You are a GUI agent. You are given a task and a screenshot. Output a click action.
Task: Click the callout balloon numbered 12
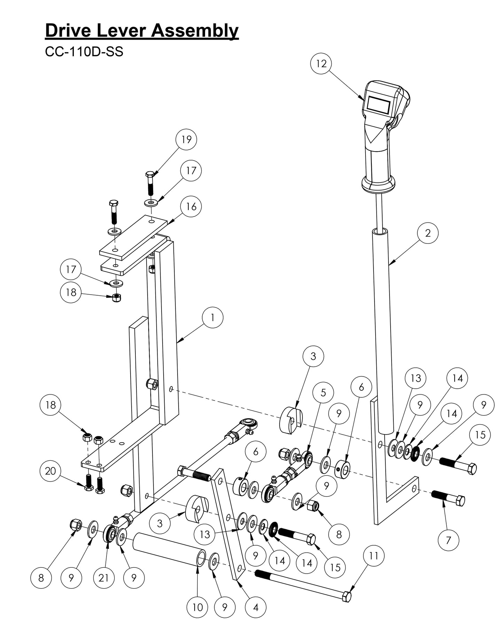coord(321,64)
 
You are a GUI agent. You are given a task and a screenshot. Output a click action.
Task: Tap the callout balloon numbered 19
coord(187,139)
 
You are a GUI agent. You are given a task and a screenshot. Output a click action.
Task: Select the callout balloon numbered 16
coord(191,207)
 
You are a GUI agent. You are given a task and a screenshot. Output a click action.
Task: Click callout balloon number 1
coord(212,317)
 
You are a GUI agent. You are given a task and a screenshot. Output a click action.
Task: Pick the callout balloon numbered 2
coord(428,233)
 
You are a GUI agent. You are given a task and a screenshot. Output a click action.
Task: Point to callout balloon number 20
coord(50,471)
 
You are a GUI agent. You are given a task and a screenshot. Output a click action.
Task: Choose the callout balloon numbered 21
coord(104,578)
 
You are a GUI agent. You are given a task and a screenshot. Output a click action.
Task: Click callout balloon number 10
coord(197,607)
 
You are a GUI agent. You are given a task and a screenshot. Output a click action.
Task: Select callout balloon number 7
coord(448,540)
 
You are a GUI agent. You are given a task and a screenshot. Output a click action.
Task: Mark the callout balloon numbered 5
coord(323,392)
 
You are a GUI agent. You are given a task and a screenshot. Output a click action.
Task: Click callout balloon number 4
coord(256,607)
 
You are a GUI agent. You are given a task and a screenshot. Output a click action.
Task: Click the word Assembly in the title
coord(195,31)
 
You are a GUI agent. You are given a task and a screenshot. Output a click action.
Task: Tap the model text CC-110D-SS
coord(84,52)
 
